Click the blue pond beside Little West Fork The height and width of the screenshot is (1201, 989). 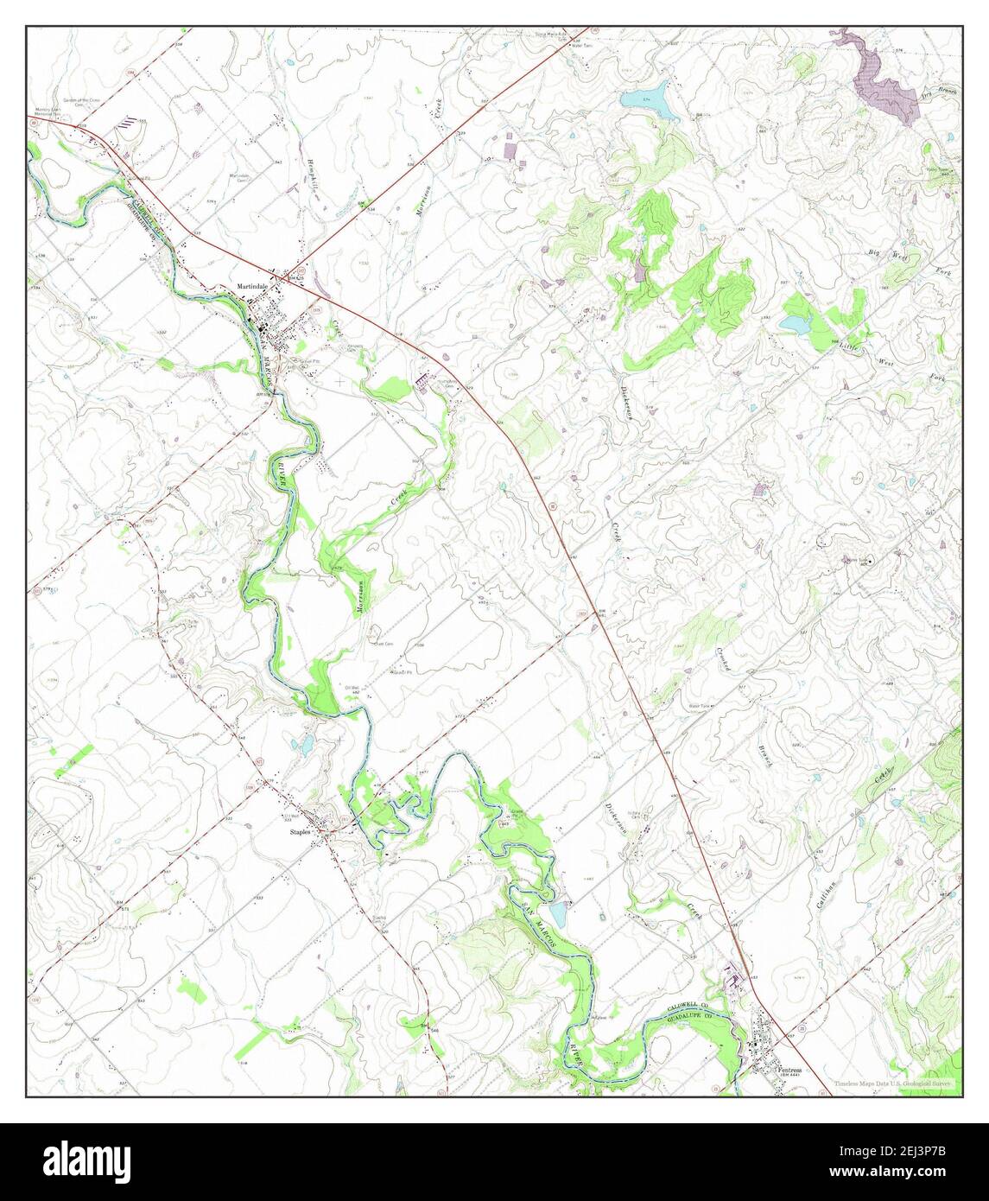(794, 324)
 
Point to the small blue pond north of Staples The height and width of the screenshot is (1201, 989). (303, 744)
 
